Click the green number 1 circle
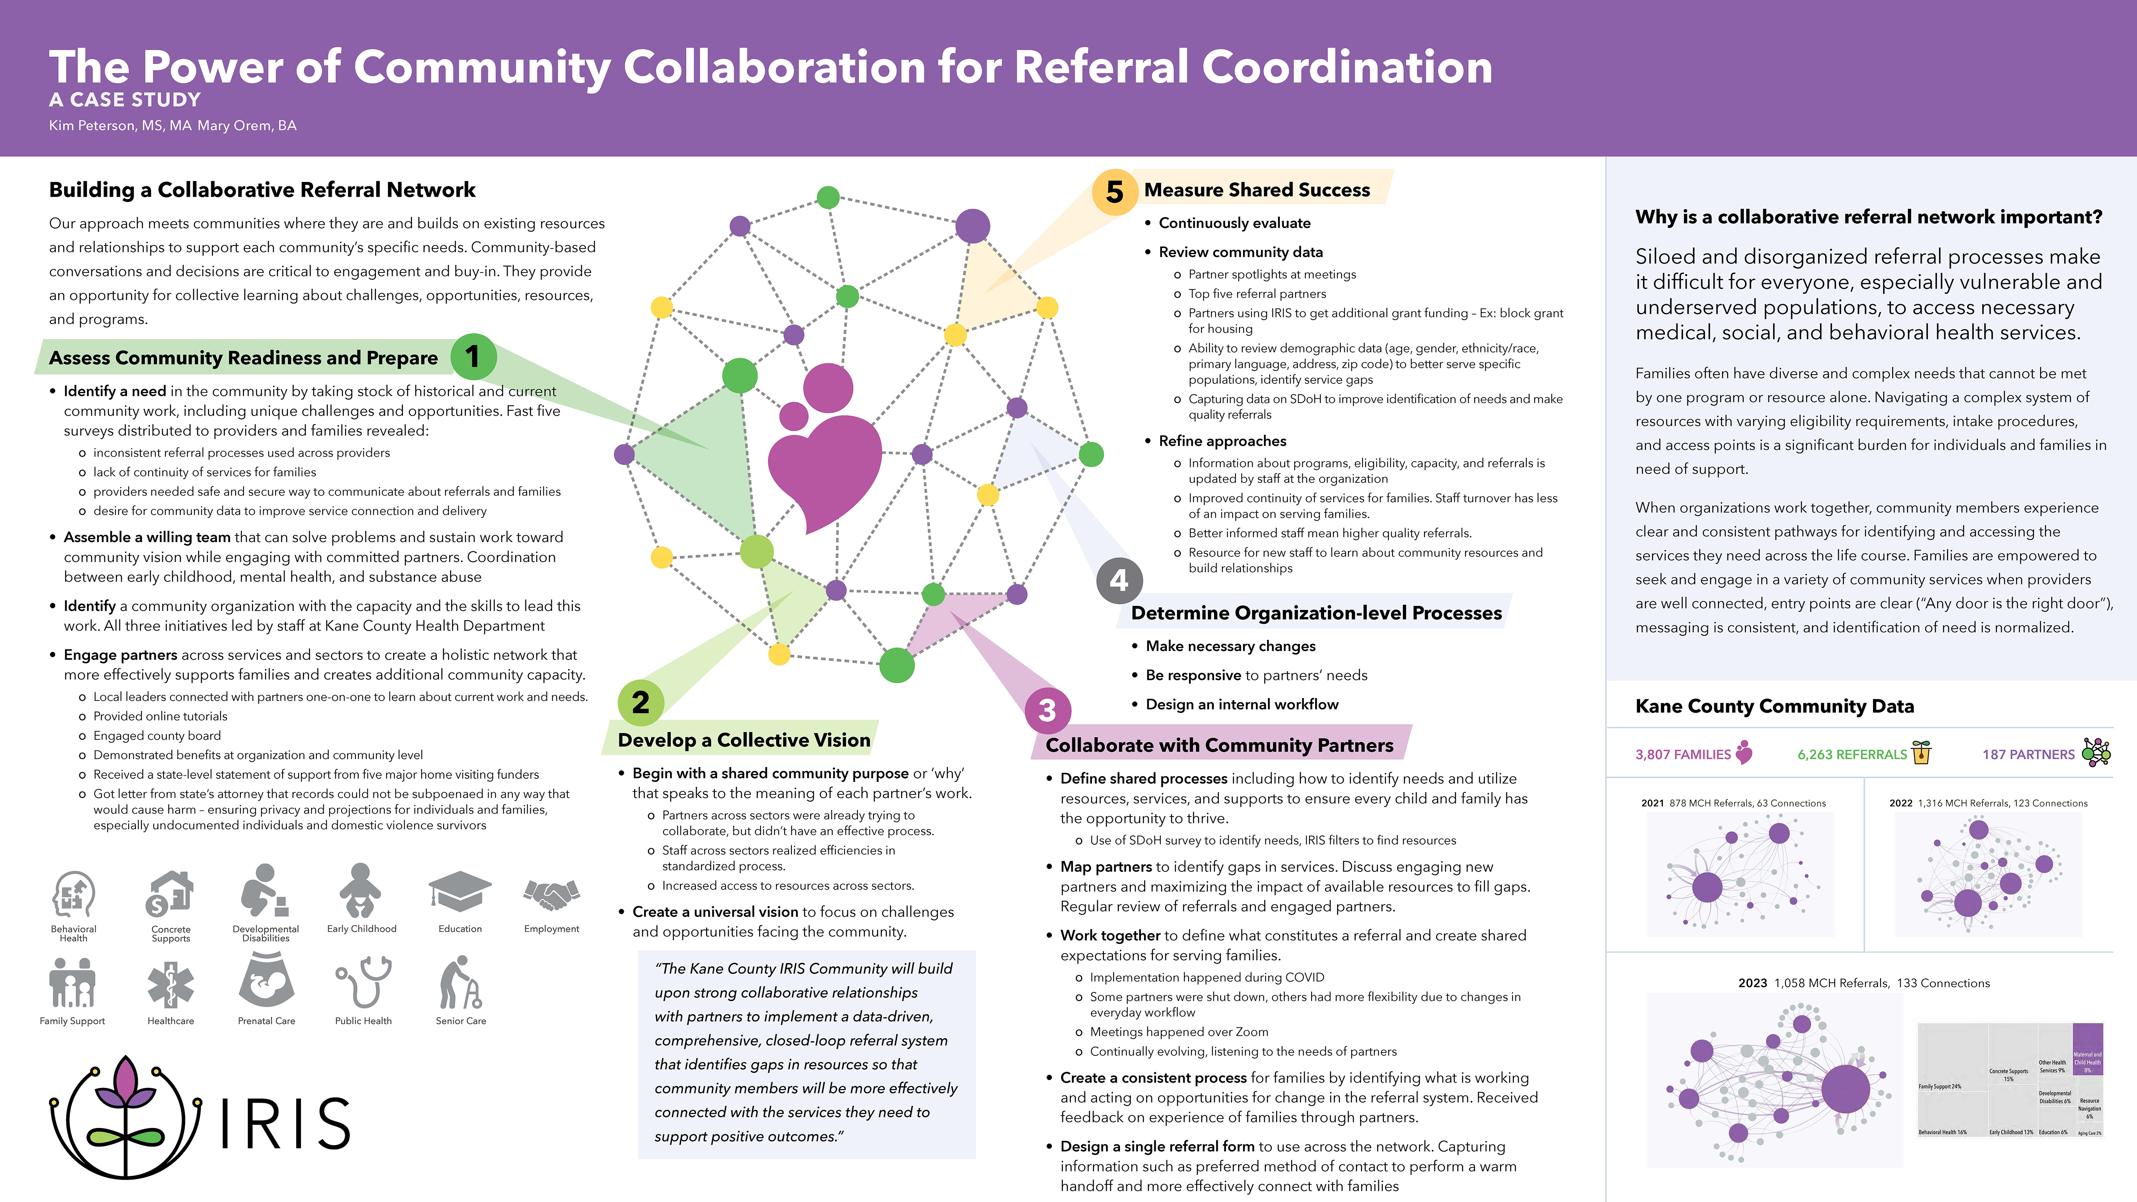coord(473,357)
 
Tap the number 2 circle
coord(640,702)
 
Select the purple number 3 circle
coord(1047,710)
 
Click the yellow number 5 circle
coord(1114,192)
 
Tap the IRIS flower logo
coord(126,1116)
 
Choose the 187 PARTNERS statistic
coord(2028,754)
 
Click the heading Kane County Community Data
coord(1774,706)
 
